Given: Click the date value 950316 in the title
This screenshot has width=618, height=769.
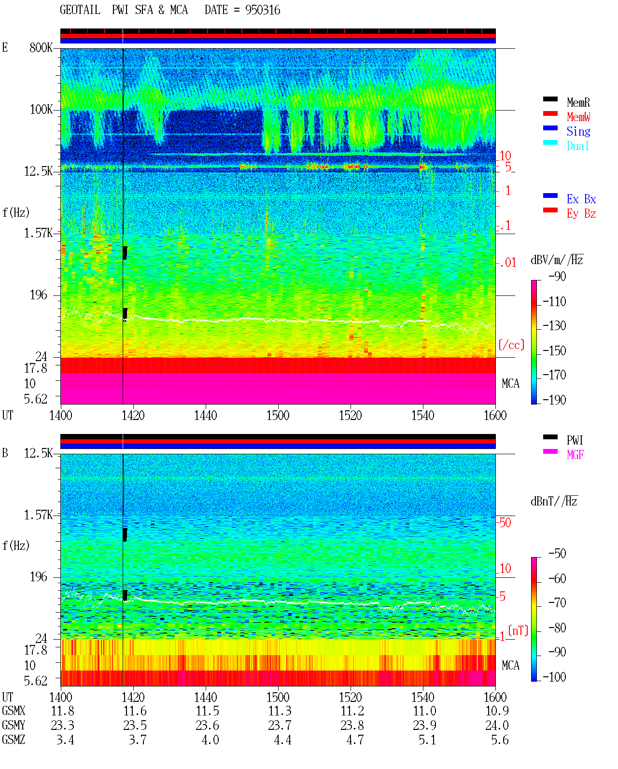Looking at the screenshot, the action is [x=262, y=10].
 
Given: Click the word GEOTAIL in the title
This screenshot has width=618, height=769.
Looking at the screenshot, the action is [x=80, y=10].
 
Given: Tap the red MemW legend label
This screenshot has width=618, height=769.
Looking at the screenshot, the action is [x=578, y=117].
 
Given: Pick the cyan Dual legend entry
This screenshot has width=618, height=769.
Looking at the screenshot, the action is [x=578, y=146].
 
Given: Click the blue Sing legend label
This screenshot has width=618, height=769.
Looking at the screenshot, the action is [x=578, y=131].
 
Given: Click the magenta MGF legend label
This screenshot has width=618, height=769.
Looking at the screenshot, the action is [x=575, y=455].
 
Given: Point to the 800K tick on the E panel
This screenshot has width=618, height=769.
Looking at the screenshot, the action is [x=41, y=47].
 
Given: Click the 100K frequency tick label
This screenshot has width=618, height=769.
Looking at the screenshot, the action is [x=41, y=110].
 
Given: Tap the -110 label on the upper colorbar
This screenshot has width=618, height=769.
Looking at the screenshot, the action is [x=554, y=302].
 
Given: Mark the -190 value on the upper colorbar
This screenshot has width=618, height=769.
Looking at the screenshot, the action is [x=554, y=400].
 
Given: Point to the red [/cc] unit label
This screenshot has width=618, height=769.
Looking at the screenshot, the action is [x=511, y=345].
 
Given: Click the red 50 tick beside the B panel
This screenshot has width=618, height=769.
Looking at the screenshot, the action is [x=505, y=522].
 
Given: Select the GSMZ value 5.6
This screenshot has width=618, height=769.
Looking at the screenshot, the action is [x=500, y=740].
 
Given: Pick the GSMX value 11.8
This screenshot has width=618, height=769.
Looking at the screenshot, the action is [x=63, y=711].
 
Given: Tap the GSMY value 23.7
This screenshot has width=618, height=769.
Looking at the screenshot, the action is [x=280, y=726].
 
